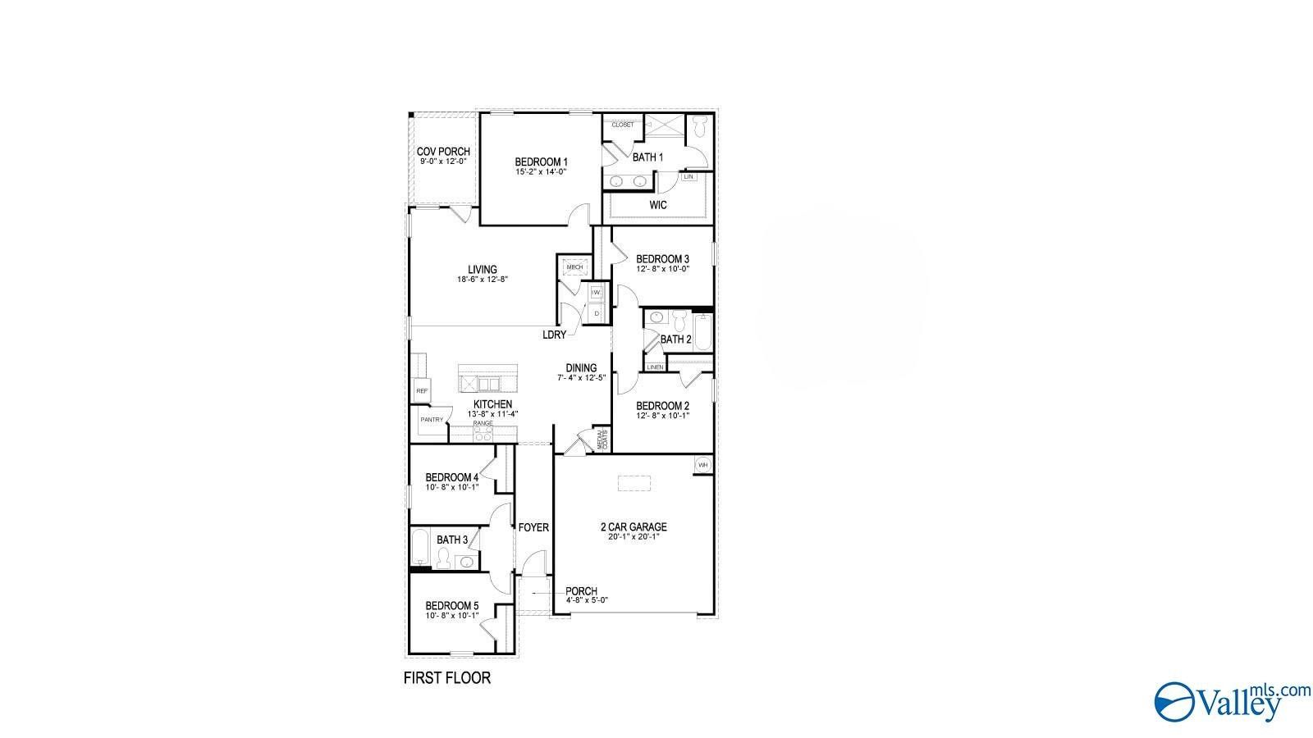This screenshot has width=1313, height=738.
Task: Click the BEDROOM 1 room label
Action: tap(541, 162)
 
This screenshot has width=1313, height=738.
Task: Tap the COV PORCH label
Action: tap(443, 152)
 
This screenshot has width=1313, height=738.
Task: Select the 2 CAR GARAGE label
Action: tap(634, 527)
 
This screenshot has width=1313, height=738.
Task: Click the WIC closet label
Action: tap(658, 205)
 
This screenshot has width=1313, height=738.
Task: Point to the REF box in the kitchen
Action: tap(422, 391)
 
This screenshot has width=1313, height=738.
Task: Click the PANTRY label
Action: tap(432, 420)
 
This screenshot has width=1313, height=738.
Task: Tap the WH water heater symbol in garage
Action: tap(702, 465)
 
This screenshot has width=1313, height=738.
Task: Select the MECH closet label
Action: tap(574, 267)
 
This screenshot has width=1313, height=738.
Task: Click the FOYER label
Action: tap(533, 527)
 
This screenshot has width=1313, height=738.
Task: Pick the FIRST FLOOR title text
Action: tap(446, 677)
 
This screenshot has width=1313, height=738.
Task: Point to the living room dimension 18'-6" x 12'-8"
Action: tap(483, 280)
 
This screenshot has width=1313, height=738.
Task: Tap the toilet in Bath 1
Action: tap(699, 127)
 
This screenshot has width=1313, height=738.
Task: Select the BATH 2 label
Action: tap(676, 339)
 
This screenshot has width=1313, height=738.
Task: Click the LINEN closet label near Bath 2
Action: tap(655, 367)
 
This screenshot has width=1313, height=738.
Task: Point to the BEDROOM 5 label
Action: tap(451, 606)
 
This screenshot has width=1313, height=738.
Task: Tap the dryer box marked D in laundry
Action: tap(597, 313)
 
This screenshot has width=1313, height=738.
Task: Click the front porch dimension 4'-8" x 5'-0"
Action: tap(586, 600)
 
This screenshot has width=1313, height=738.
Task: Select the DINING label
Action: tap(581, 368)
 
